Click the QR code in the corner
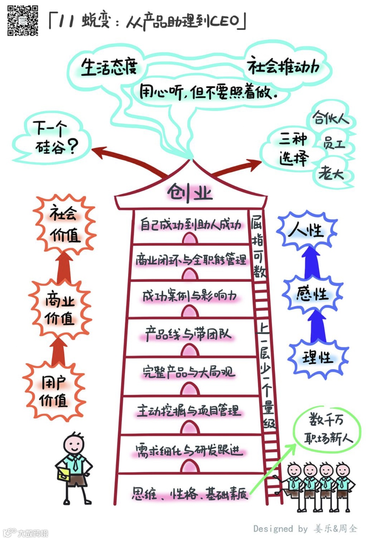pyautogui.click(x=23, y=20)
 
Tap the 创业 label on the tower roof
pyautogui.click(x=190, y=192)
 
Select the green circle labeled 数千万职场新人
pyautogui.click(x=326, y=429)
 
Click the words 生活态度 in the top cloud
pyautogui.click(x=109, y=67)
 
